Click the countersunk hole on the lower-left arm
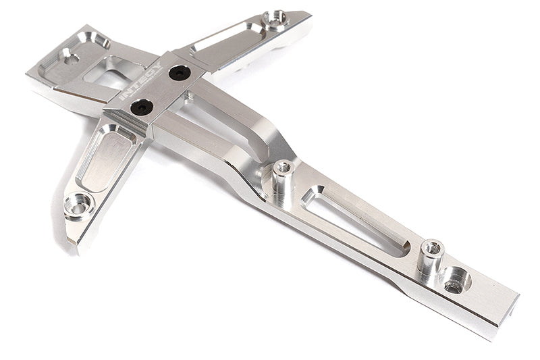coord(79,203)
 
